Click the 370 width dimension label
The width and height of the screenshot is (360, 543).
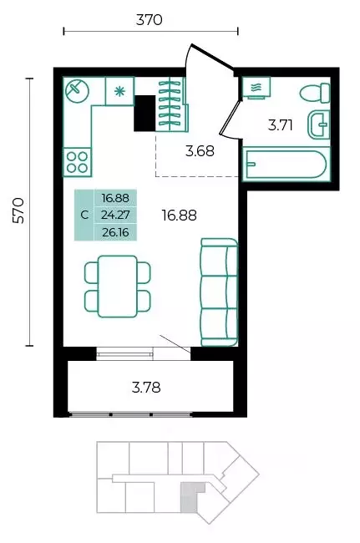click(149, 20)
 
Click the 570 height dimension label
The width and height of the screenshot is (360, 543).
click(18, 211)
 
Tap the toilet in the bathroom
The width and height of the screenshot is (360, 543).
click(315, 93)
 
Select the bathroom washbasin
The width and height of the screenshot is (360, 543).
click(318, 124)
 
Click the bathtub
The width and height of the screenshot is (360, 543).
click(285, 164)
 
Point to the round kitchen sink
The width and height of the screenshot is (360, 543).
click(77, 91)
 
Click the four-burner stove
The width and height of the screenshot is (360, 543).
click(77, 162)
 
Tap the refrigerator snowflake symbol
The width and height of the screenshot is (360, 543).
click(119, 91)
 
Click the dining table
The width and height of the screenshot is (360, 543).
click(117, 287)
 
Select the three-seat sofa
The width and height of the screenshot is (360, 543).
click(219, 292)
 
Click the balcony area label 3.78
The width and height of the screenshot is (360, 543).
click(146, 388)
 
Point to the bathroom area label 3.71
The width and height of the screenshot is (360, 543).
click(281, 125)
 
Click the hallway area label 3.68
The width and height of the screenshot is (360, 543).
click(200, 151)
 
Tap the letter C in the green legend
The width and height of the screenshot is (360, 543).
click(84, 215)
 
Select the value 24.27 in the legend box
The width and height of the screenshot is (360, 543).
click(115, 215)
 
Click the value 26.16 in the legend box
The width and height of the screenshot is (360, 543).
click(115, 232)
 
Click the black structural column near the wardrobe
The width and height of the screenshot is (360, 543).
click(145, 114)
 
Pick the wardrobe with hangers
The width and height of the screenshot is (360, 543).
click(171, 104)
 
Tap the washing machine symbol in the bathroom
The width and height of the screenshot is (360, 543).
click(256, 88)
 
